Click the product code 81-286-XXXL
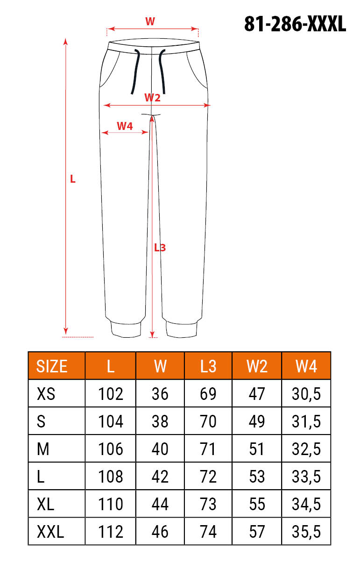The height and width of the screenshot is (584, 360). [295, 24]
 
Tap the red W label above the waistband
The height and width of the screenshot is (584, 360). [150, 21]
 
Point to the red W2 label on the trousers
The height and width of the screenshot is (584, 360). [152, 98]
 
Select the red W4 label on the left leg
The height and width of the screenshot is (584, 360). [125, 126]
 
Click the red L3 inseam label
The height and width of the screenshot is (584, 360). [160, 248]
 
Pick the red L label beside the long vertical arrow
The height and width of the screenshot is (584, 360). [73, 179]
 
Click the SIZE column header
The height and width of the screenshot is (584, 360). [51, 366]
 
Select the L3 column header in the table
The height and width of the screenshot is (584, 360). [208, 366]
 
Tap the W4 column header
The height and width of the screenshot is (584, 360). [306, 366]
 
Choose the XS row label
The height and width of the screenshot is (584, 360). [46, 394]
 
